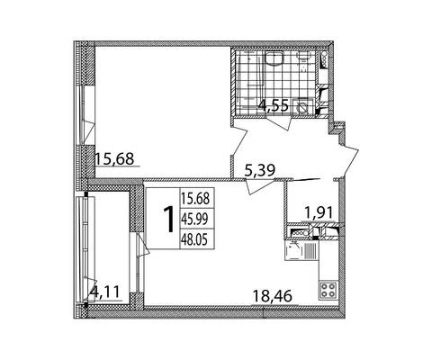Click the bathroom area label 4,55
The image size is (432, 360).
(274, 106)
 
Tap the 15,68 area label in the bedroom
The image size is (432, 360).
(114, 158)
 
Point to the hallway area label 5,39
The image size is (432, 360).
(260, 171)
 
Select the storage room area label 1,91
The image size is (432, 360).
(319, 213)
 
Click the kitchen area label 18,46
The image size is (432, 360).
(273, 296)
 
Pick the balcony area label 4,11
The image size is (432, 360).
(105, 292)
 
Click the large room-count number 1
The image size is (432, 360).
(169, 219)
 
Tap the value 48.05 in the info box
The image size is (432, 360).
(194, 239)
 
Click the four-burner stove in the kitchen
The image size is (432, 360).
(328, 290)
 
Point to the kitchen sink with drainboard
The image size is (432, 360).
(301, 250)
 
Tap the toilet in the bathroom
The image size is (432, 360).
(303, 61)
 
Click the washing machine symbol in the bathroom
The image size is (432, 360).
(302, 107)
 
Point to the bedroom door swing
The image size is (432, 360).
(239, 142)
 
